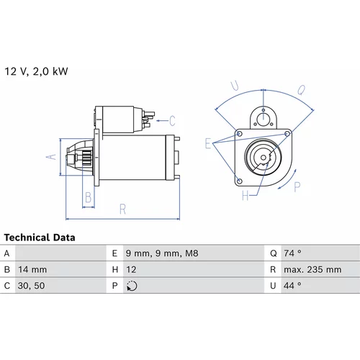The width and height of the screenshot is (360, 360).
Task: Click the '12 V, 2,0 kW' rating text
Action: pos(36,71)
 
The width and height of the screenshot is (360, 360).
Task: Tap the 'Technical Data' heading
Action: pos(40,238)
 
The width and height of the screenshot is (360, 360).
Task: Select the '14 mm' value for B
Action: pos(32,269)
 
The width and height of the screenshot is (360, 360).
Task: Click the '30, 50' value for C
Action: pos(31,286)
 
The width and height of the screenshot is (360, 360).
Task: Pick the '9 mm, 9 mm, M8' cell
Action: pos(162,253)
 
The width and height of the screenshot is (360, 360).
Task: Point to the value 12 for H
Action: pos(131,269)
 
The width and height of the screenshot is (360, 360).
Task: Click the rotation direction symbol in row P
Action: pos(132,286)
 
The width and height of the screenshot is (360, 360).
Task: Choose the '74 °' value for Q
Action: pos(292,253)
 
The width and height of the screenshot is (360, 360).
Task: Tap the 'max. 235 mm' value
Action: pos(312,269)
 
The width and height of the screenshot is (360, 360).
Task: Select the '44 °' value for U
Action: pos(292,286)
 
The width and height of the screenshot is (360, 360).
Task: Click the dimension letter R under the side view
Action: pos(122,209)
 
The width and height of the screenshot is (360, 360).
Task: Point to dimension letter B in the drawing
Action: pos(89,197)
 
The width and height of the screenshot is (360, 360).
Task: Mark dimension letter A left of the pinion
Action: pos(51,157)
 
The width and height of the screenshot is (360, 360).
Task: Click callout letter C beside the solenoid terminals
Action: pos(172,121)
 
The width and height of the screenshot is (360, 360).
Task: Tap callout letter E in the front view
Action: pos(208,143)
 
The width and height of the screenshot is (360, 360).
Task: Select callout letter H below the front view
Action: pos(246,196)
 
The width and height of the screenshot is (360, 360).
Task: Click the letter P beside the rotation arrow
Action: pos(297,187)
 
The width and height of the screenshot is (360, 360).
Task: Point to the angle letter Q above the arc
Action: pos(302,90)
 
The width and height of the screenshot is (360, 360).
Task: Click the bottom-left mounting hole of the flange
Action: pos(239,181)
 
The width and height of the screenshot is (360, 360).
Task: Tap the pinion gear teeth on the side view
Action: pos(87,158)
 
